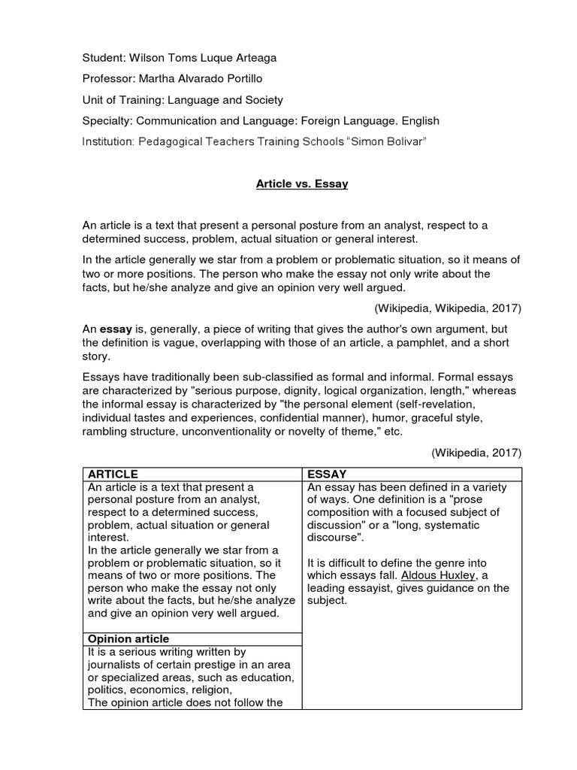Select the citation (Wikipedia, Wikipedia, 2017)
click(447, 308)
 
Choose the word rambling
click(104, 431)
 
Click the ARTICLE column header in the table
click(113, 474)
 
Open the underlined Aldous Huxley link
click(437, 574)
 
